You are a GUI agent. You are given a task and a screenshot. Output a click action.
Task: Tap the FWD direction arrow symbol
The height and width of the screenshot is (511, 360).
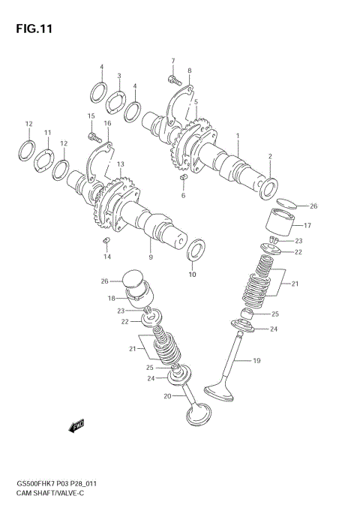click(76, 427)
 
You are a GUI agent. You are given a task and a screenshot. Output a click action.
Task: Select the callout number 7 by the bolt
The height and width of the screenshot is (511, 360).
click(172, 61)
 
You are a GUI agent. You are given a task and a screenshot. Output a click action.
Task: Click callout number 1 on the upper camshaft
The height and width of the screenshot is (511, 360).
click(238, 137)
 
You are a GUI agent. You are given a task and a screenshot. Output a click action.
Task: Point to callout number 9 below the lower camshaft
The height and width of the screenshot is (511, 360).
click(150, 257)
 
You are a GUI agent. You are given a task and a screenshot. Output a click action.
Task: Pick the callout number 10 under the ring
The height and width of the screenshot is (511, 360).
click(192, 274)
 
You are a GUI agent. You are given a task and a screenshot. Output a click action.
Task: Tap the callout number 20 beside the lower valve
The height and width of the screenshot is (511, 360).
click(167, 395)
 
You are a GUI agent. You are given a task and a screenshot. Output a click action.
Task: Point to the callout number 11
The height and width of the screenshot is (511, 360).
click(46, 133)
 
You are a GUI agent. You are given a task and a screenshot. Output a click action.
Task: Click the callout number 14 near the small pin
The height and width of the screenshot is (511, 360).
click(107, 257)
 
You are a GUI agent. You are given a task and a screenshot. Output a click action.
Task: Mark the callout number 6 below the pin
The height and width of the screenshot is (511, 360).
click(182, 195)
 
